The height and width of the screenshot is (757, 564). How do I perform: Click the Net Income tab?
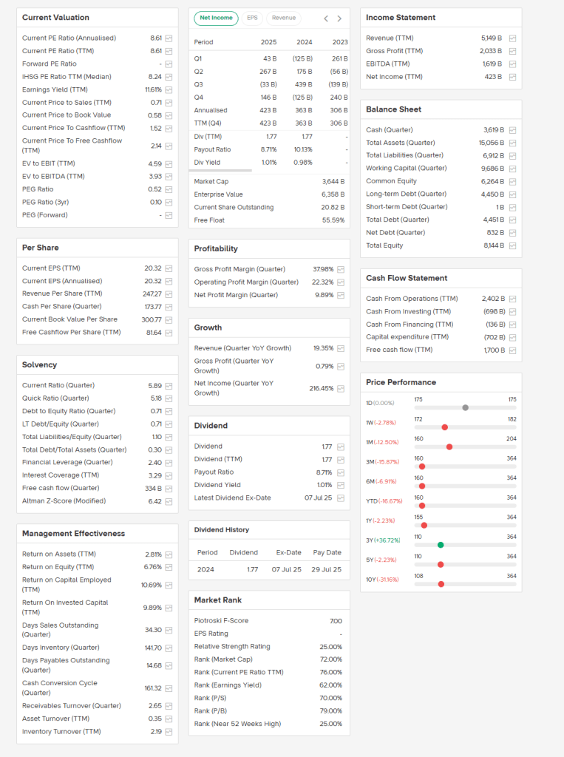216,18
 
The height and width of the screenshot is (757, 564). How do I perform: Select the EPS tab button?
252,18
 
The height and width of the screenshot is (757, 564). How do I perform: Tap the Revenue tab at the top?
283,18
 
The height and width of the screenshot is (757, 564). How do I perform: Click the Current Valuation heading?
55,18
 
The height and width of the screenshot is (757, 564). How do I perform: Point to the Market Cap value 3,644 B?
333,181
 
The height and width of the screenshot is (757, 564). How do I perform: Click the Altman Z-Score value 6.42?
154,501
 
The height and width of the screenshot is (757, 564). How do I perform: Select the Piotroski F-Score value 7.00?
336,621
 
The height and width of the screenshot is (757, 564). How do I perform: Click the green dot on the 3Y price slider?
441,545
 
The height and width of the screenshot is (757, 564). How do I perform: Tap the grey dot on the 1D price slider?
465,407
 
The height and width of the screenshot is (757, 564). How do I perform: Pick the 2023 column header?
340,42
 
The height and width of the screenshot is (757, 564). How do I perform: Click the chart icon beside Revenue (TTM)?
513,38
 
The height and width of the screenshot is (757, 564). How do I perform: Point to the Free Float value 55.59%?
333,220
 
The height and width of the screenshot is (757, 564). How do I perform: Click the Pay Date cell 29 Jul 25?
327,570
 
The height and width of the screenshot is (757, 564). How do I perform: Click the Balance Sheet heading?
393,109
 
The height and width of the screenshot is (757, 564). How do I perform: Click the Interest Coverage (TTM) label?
61,475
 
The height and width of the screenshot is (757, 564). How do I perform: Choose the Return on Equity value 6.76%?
152,567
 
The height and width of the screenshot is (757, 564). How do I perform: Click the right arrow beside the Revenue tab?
339,18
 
